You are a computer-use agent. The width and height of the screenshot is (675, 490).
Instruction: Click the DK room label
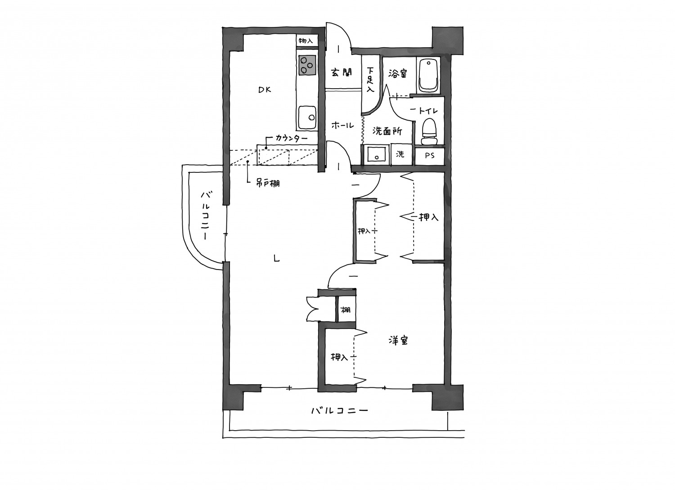[265, 90]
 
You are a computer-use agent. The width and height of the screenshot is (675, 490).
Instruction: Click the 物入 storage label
[306, 40]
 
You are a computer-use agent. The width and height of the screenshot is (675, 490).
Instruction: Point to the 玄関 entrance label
[342, 72]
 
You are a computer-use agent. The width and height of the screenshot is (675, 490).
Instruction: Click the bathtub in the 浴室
[428, 75]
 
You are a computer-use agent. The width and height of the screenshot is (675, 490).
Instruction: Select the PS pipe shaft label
[430, 156]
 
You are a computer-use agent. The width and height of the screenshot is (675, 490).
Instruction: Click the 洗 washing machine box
[400, 155]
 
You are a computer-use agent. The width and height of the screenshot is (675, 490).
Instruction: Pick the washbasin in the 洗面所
[376, 154]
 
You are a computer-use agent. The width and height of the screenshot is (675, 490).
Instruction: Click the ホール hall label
[342, 126]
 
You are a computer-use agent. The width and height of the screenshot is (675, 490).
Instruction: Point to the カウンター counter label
[292, 138]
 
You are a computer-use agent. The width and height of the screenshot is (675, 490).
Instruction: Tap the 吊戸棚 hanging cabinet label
[268, 183]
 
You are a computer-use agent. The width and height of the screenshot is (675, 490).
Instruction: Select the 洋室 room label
[398, 341]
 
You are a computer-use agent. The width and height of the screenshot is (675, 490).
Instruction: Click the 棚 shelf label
[345, 310]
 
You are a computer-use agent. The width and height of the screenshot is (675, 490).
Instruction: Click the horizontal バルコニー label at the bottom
[340, 411]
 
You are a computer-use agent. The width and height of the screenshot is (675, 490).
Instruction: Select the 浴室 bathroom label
[397, 73]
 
